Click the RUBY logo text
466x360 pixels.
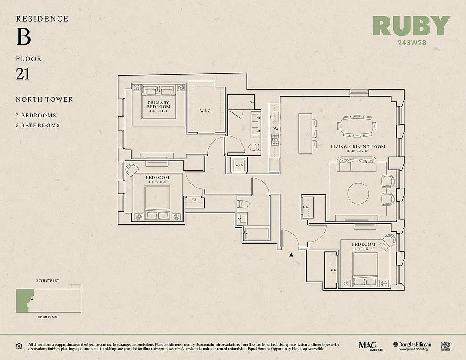point(411,26)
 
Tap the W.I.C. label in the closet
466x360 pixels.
point(206,111)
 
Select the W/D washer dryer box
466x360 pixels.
point(239,166)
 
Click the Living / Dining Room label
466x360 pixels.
point(358,147)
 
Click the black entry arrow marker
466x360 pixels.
point(291,255)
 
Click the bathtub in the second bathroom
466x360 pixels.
point(256,234)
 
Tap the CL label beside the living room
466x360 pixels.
point(305,207)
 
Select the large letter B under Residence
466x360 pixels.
point(23,37)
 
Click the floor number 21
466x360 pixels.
point(22,74)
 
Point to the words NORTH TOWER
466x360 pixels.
point(44,99)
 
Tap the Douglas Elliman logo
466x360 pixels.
point(412,346)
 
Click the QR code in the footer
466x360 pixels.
point(446,346)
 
